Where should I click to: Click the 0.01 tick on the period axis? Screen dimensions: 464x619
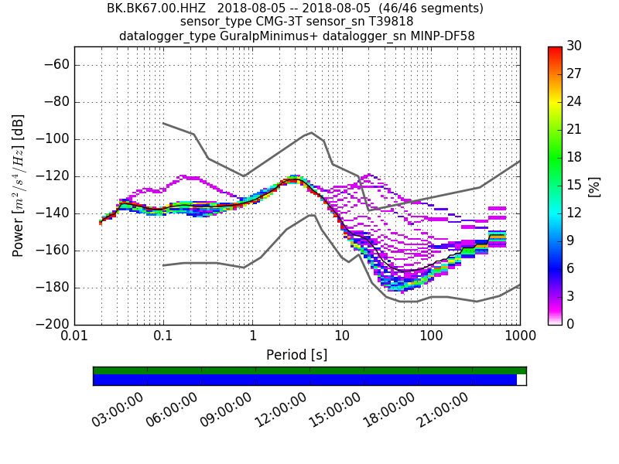(74, 337)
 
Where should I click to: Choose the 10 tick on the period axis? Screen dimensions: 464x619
(342, 337)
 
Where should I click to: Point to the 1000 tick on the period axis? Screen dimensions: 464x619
(519, 337)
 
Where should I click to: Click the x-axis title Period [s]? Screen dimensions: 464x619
(297, 355)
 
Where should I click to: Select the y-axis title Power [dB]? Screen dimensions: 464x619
(19, 186)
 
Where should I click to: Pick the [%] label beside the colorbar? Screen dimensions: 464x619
(594, 186)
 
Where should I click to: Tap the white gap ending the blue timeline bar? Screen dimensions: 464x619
(522, 380)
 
